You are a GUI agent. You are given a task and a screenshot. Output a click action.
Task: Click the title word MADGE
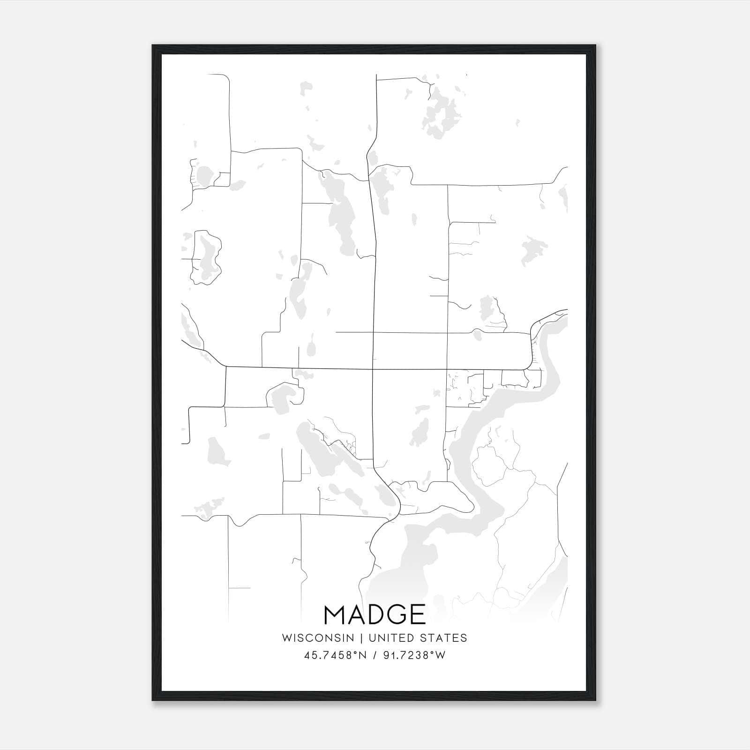click(x=375, y=615)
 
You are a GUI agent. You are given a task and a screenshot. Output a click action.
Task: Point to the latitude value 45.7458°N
click(x=335, y=655)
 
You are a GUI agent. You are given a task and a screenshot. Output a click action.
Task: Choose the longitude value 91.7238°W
click(x=414, y=655)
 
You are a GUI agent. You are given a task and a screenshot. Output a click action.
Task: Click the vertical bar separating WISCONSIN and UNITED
click(x=361, y=638)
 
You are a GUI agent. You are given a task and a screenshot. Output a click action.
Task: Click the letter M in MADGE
click(x=335, y=615)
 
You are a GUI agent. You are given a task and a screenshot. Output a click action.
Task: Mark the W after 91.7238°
click(x=441, y=655)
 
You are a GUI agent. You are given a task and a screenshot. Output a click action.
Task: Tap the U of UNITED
click(x=372, y=638)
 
